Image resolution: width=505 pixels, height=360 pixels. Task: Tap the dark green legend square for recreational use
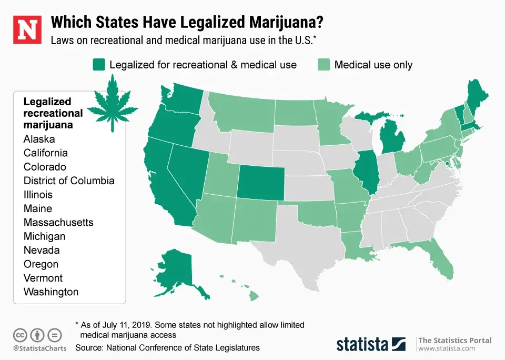(98, 65)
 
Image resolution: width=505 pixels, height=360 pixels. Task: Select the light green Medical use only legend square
(324, 65)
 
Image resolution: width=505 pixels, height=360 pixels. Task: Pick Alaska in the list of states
(39, 139)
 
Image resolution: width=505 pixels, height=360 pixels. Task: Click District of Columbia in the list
(69, 181)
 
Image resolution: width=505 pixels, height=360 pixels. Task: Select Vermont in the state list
(43, 278)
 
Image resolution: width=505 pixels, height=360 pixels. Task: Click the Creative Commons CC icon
(21, 335)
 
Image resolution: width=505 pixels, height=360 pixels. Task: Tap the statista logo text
(362, 344)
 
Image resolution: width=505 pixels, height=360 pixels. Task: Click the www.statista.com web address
(447, 348)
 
